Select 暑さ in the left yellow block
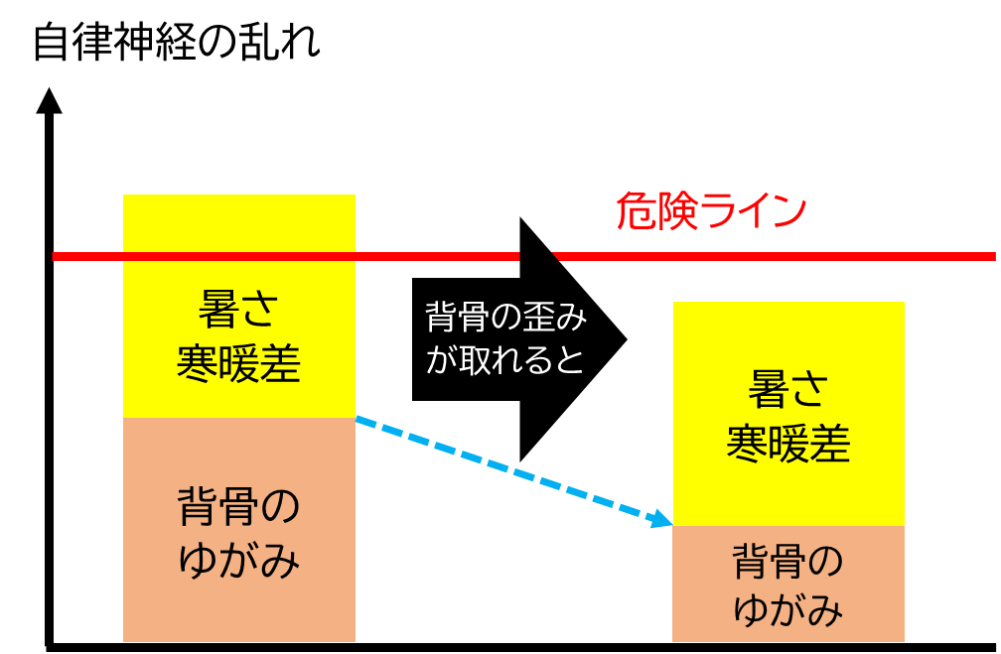(239, 311)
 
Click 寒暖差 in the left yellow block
(239, 364)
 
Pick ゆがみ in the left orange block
(239, 562)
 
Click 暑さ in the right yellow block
(788, 390)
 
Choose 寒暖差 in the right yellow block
(788, 444)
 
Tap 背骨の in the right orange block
(788, 562)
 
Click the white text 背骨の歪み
(506, 318)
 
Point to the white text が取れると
(506, 359)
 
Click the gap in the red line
(535, 256)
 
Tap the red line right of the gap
(775, 256)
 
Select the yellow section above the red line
(239, 222)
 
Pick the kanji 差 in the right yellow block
(830, 444)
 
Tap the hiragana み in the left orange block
(281, 562)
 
